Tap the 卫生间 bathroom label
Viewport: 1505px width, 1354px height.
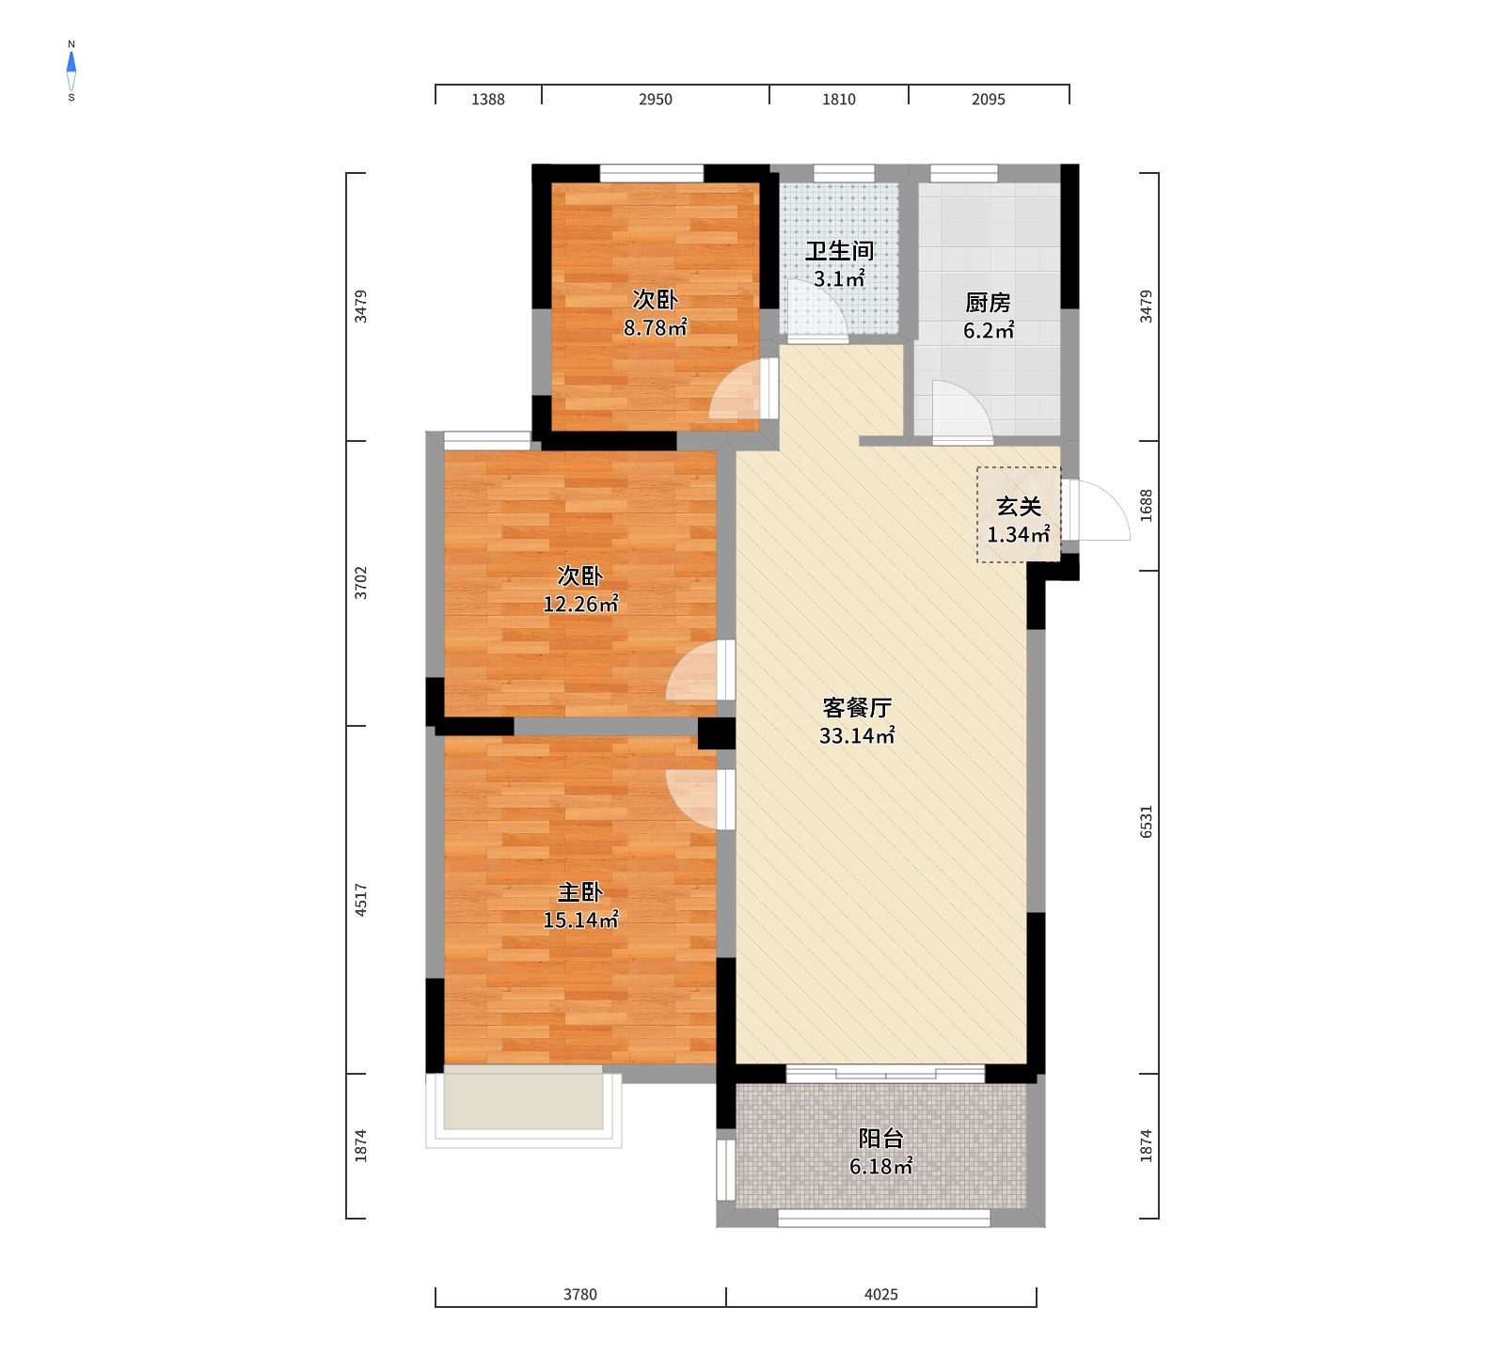tap(839, 251)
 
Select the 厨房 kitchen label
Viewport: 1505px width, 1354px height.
tap(988, 303)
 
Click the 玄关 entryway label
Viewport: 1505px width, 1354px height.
tap(1019, 507)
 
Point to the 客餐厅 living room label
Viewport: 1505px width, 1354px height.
tap(857, 708)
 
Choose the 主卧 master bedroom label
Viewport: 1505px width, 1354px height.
tap(579, 892)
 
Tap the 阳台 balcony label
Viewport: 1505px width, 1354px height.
tap(881, 1139)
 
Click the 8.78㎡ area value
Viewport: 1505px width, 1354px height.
tap(656, 328)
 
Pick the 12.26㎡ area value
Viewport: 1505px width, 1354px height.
tap(580, 605)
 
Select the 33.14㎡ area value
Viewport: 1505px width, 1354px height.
tap(857, 736)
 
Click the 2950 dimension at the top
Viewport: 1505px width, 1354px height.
tap(656, 100)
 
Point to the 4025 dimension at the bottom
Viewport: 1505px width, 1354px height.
tap(881, 1295)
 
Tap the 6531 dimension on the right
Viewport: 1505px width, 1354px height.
tap(1146, 822)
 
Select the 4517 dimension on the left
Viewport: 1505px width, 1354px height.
tap(361, 900)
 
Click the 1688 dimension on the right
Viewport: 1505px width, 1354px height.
tap(1146, 506)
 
